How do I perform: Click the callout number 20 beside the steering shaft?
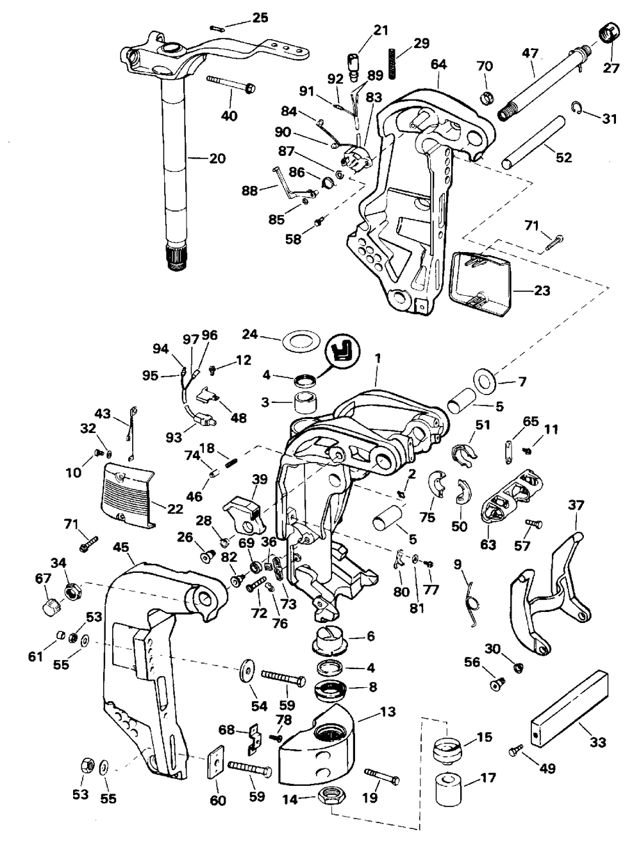tap(217, 158)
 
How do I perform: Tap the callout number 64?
tap(438, 65)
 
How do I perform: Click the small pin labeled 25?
tap(217, 29)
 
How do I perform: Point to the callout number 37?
tap(575, 506)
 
